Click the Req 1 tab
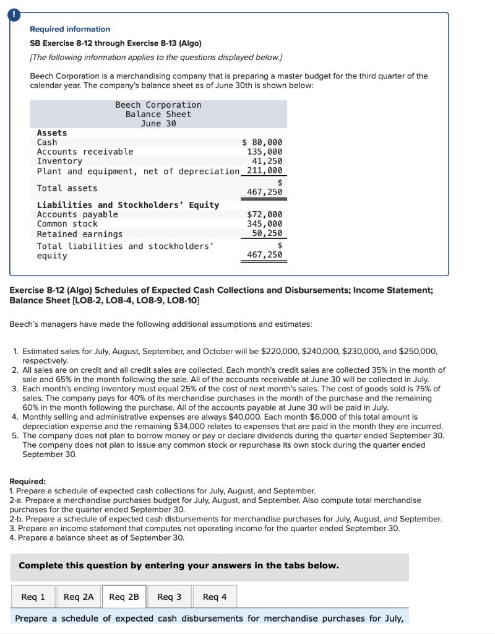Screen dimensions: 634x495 pos(33,597)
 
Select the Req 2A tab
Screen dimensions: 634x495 pos(79,597)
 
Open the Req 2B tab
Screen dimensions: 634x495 pos(124,597)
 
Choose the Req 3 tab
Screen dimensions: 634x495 pos(170,597)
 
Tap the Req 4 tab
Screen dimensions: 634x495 pos(215,597)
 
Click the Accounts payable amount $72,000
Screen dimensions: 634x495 pos(264,214)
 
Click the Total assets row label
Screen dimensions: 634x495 pos(67,188)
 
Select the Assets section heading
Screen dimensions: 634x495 pos(52,132)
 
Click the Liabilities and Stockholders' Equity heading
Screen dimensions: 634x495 pos(128,205)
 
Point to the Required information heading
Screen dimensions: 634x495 pos(70,29)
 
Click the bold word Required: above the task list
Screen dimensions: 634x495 pos(28,481)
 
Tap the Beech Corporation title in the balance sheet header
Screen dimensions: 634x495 pos(158,105)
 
